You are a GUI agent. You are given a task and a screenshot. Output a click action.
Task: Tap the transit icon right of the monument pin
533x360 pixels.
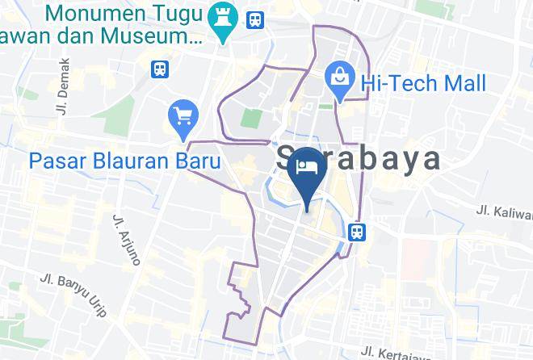[x=255, y=18]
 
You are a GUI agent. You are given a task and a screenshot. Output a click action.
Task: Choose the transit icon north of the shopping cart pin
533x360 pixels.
[x=160, y=68]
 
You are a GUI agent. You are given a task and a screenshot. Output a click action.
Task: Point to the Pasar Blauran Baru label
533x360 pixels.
[x=125, y=161]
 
